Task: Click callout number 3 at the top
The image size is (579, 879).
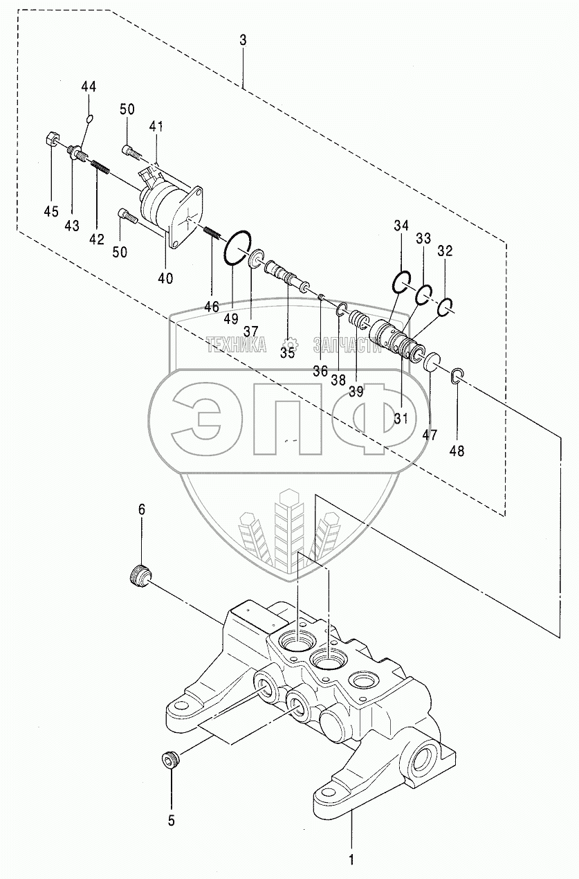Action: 243,40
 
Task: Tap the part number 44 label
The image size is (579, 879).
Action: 89,87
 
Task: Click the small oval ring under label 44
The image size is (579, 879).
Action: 89,119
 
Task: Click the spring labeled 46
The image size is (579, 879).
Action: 211,236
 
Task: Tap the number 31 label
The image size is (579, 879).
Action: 401,418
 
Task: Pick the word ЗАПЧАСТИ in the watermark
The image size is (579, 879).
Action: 348,345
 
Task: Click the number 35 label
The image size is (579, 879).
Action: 287,352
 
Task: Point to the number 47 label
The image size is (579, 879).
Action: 430,435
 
